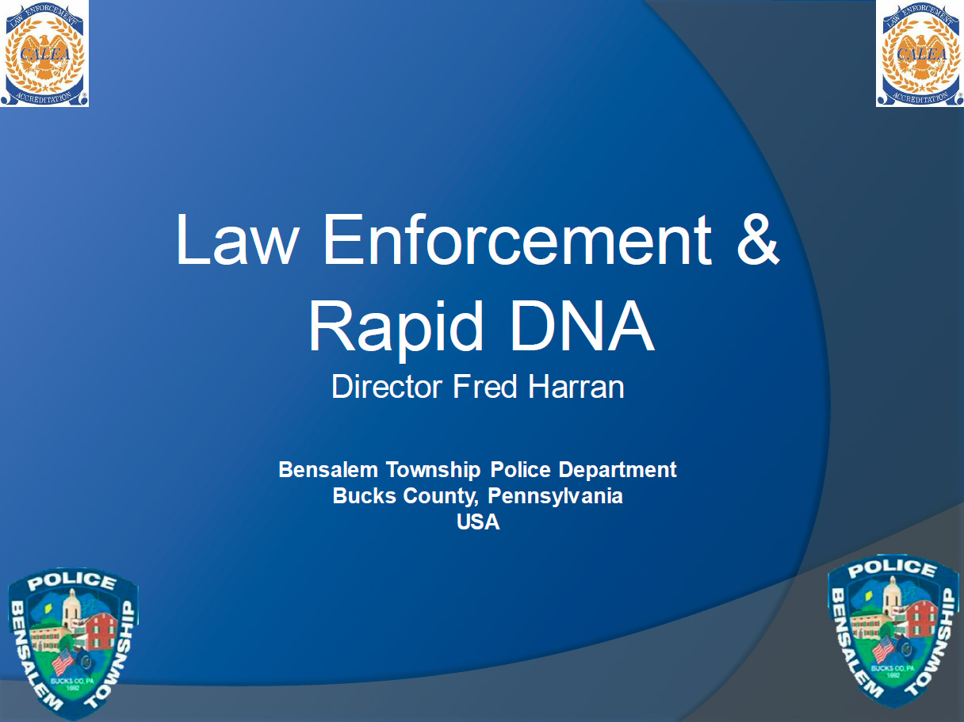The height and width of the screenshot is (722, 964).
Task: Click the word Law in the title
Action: [x=238, y=239]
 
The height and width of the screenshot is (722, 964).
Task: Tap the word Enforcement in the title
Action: [x=518, y=239]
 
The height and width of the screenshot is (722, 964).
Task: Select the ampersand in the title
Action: [x=758, y=239]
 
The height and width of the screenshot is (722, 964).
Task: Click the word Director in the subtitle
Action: [x=387, y=387]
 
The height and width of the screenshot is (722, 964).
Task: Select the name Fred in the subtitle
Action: [x=484, y=387]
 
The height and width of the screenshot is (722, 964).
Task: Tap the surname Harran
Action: [x=576, y=387]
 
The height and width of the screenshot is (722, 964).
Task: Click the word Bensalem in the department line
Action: [x=328, y=470]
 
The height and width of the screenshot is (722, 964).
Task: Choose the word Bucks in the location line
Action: [x=364, y=496]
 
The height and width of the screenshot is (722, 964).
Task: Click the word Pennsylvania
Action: [x=555, y=497]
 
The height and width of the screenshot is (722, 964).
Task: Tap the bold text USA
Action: [x=478, y=521]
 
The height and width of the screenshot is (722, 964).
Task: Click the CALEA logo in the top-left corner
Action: [x=44, y=53]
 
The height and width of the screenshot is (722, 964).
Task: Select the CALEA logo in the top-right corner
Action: [x=920, y=53]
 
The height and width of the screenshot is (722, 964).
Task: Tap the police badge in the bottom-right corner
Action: [x=893, y=631]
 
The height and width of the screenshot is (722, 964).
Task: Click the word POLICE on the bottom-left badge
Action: [x=72, y=582]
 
